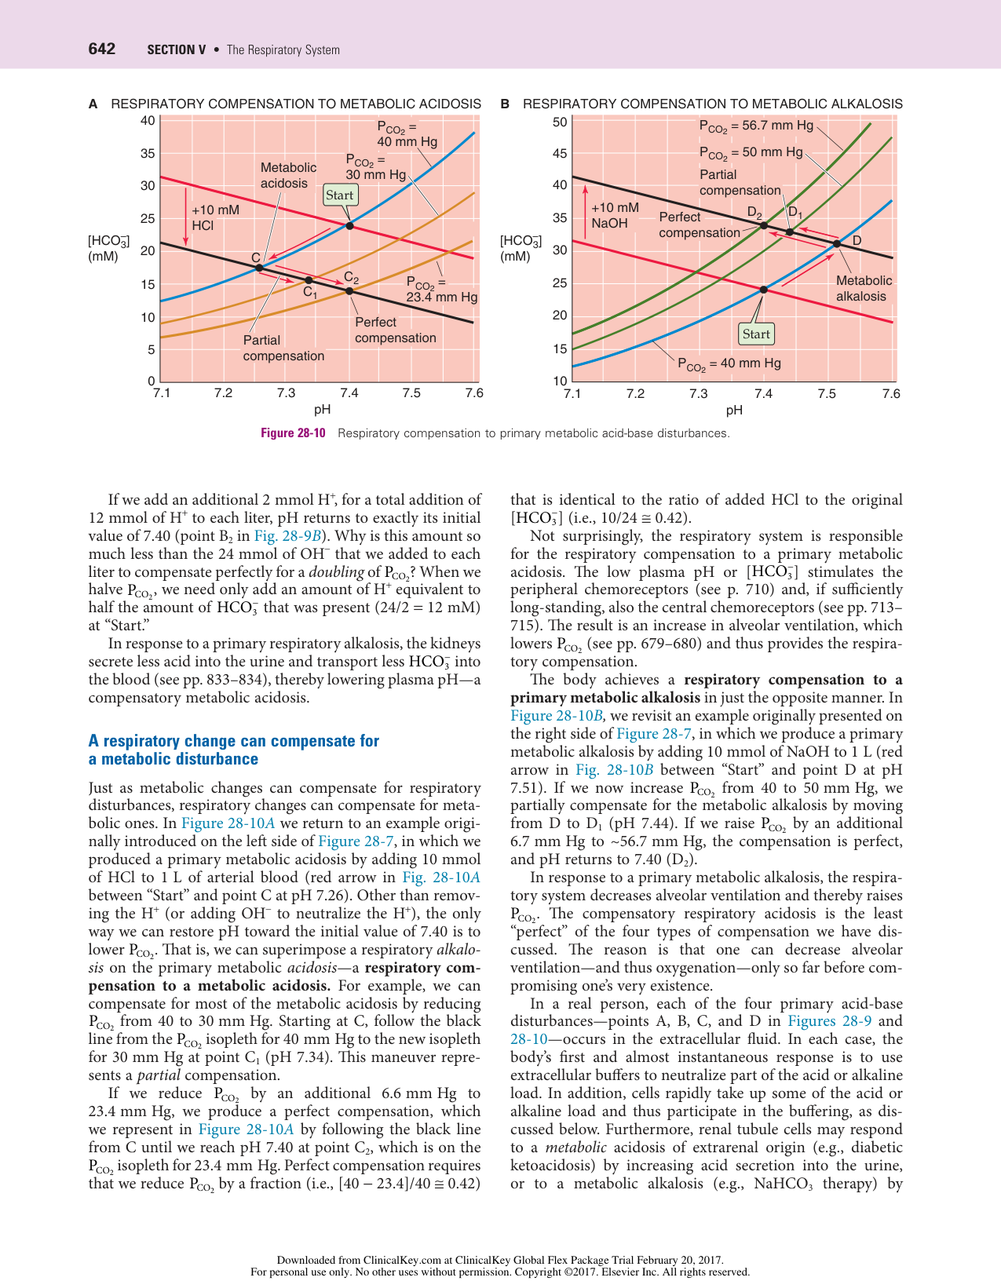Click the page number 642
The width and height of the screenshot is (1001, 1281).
pos(102,49)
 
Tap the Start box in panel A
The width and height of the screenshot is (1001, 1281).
pos(340,195)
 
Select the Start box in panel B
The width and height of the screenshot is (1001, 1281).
pos(756,334)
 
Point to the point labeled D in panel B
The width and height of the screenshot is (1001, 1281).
pos(837,243)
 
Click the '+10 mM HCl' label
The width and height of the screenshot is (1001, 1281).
pos(215,217)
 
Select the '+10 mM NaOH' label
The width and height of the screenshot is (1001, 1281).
pos(614,215)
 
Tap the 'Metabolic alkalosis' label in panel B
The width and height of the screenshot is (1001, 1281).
pos(863,288)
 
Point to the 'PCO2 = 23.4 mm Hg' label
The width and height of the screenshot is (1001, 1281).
pos(440,290)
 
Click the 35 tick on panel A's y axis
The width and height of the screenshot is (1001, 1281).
pos(148,153)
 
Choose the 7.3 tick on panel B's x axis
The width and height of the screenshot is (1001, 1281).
pos(698,394)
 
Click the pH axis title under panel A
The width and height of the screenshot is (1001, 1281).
pos(322,410)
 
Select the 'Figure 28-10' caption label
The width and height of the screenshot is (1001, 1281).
pos(293,433)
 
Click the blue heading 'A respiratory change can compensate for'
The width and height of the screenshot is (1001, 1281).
pos(233,741)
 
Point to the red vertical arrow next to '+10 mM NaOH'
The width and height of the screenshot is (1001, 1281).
pos(585,209)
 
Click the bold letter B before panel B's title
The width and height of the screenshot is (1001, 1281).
pos(505,104)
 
